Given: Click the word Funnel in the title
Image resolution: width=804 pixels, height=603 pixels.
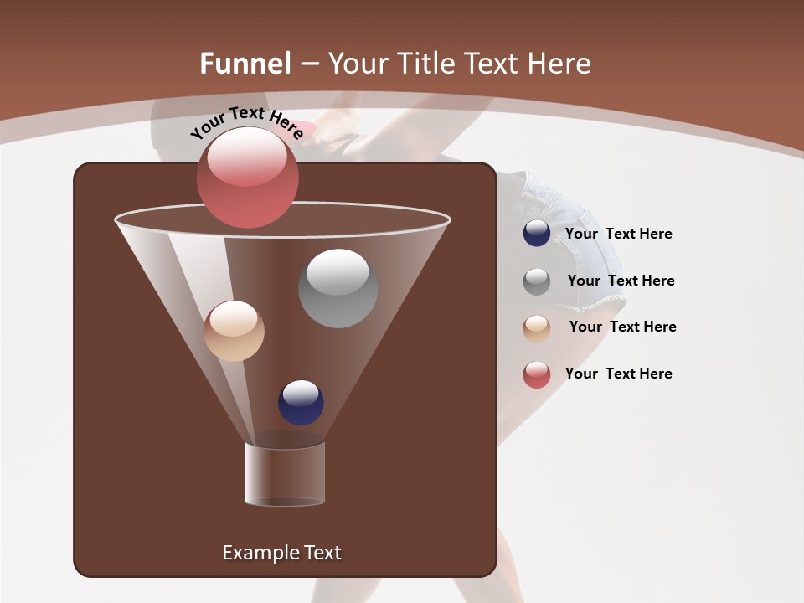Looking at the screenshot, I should coord(245,63).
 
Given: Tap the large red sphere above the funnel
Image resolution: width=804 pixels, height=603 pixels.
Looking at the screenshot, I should coord(248,177).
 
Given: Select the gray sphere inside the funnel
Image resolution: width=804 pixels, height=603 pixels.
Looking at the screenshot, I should coord(338,288).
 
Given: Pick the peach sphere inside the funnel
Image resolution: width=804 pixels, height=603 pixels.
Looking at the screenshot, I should coord(234,331).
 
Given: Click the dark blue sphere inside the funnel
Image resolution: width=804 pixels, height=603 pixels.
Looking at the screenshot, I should coord(301,402).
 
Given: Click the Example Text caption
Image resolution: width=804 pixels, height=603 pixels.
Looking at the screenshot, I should coord(281,553).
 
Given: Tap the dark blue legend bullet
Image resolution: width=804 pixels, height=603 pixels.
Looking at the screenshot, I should coord(537,234).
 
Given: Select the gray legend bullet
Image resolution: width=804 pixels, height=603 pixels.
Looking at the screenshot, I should coord(537,281).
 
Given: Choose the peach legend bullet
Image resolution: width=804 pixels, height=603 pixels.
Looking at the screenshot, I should coord(537,328).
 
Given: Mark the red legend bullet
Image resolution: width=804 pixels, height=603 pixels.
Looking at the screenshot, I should coord(537,374).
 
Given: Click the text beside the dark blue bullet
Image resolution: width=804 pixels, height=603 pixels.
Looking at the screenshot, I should coord(618,234).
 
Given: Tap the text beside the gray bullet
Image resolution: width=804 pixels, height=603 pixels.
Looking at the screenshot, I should coord(621,281).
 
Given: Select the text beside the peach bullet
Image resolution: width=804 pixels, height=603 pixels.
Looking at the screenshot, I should coord(622,327).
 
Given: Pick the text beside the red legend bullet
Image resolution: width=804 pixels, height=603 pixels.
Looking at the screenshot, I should coord(618,374).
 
